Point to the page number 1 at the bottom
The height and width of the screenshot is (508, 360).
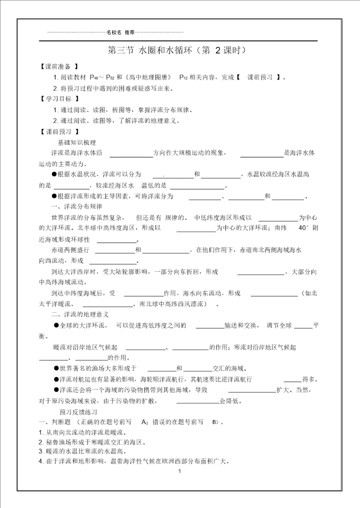[178, 471]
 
